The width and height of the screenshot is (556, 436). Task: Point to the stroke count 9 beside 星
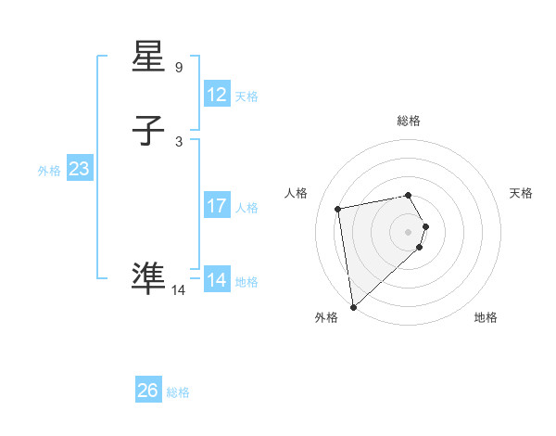(x=179, y=68)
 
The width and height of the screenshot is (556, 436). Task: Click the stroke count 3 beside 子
(x=179, y=142)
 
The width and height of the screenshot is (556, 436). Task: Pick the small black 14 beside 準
(x=179, y=290)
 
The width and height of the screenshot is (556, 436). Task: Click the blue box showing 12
(x=216, y=95)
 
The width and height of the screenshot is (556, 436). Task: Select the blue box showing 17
(x=216, y=206)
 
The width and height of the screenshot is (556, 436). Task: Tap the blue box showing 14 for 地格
(x=216, y=280)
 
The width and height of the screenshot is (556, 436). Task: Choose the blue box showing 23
(x=79, y=169)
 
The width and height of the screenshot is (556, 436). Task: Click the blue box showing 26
(x=147, y=391)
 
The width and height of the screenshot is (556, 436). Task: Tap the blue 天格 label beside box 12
(x=246, y=96)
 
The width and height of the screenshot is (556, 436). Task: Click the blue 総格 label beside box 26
(x=178, y=392)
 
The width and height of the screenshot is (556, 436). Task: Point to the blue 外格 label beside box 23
(x=49, y=171)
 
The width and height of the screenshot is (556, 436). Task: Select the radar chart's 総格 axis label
(x=409, y=121)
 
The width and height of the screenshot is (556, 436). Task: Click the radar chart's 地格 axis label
(x=486, y=318)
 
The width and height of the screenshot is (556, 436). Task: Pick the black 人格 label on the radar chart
(x=297, y=193)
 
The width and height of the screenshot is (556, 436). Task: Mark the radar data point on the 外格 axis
(x=353, y=306)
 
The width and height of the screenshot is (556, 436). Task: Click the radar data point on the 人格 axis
(x=338, y=208)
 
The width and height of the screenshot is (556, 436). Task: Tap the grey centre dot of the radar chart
(x=409, y=231)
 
